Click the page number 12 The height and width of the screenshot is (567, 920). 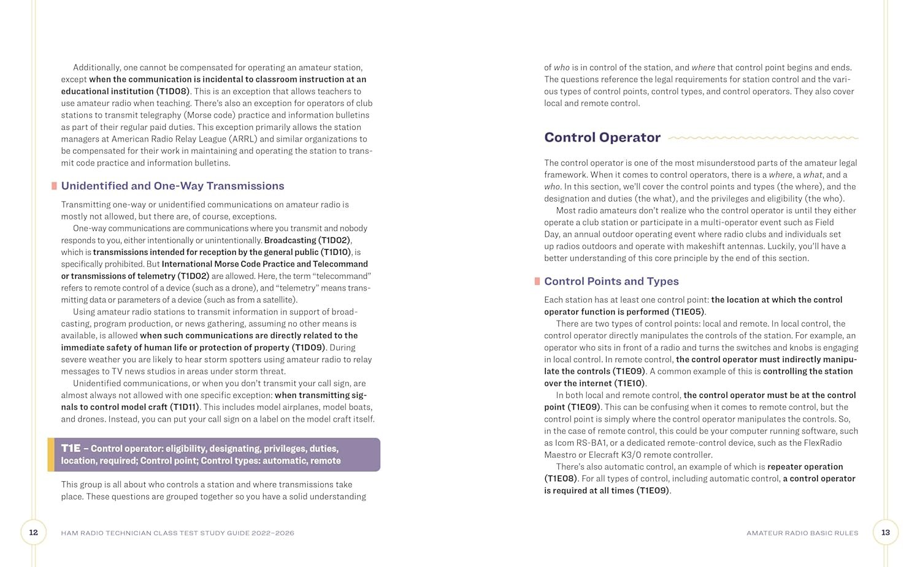pos(34,533)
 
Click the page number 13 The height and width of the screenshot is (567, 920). pos(886,533)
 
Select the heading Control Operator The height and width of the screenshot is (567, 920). pos(602,137)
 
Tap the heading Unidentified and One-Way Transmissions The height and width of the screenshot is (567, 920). pos(172,186)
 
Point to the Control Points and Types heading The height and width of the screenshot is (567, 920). pos(611,281)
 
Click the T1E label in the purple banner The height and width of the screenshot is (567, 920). pos(71,448)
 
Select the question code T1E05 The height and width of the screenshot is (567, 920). pos(688,312)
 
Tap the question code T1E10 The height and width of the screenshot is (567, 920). pos(629,383)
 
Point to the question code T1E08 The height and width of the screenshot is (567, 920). pos(561,479)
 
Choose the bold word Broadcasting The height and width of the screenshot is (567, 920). pos(290,240)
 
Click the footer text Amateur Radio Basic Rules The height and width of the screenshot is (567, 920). pos(802,533)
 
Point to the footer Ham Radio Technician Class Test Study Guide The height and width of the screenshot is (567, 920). pos(177,533)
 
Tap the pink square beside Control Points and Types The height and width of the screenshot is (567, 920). pos(537,281)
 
